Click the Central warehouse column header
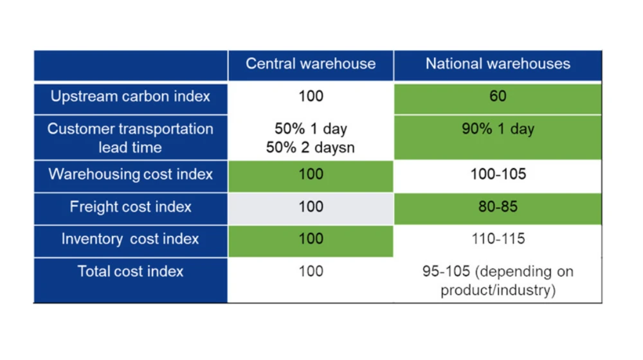tap(311, 64)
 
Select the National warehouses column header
tap(498, 64)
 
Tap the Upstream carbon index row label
tap(131, 96)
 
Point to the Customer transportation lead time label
tap(131, 138)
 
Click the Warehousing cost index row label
tap(131, 174)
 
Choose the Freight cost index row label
tap(131, 206)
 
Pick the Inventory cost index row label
tap(131, 239)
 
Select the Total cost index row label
tap(131, 271)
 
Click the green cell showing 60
tap(498, 98)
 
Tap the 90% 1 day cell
tap(498, 138)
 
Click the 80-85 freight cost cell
tap(498, 209)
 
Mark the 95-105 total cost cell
tap(498, 280)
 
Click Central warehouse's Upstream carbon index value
tap(311, 96)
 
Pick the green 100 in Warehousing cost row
tap(311, 176)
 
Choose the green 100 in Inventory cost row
tap(311, 241)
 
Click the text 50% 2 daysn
tap(311, 148)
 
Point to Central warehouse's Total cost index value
tap(311, 271)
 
